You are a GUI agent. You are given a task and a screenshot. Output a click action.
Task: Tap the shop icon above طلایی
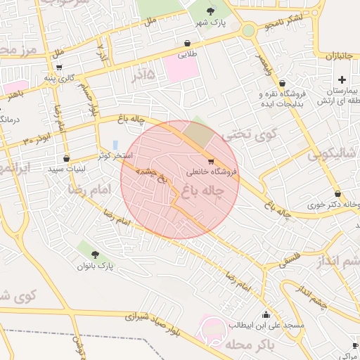point(187,43)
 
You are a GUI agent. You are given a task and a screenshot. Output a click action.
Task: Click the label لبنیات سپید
point(66,169)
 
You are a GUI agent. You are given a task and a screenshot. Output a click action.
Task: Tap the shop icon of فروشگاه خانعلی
point(212,161)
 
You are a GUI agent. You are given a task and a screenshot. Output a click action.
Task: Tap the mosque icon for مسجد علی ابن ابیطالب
point(266,314)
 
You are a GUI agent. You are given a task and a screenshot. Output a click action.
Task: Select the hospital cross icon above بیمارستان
point(342,79)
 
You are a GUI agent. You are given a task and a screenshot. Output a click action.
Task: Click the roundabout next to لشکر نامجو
point(248,30)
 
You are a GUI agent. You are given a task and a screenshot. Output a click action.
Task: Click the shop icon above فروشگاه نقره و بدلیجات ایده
point(282,83)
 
